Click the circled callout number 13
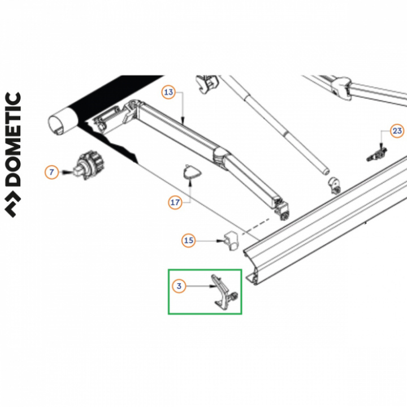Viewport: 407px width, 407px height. click(168, 92)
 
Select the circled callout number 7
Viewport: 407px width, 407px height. click(51, 172)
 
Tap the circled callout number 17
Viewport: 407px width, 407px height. click(175, 202)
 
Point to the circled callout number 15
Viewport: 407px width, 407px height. click(188, 240)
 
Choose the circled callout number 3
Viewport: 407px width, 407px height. click(179, 286)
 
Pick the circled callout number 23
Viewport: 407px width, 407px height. click(397, 131)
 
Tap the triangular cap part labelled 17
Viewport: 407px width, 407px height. click(192, 172)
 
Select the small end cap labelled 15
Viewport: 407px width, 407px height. click(231, 241)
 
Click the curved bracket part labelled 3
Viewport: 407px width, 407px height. click(224, 292)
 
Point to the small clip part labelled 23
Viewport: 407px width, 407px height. click(377, 154)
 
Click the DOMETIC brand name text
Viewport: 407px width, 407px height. click(12, 139)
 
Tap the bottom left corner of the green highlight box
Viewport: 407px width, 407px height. click(168, 314)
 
